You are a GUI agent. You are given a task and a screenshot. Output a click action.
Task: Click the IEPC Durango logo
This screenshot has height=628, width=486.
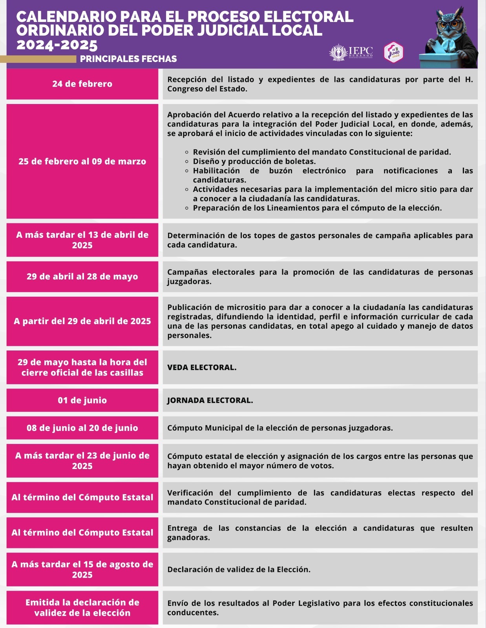pyautogui.click(x=351, y=53)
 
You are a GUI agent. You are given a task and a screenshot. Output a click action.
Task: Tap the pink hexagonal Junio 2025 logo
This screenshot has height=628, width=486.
pyautogui.click(x=393, y=52)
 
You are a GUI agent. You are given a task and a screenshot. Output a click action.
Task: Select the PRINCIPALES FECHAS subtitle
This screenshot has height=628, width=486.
pyautogui.click(x=128, y=59)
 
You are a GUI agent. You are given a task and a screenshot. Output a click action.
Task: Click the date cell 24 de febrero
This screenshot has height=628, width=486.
pyautogui.click(x=82, y=84)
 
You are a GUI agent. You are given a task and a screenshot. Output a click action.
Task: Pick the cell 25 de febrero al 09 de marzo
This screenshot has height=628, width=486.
pyautogui.click(x=82, y=161)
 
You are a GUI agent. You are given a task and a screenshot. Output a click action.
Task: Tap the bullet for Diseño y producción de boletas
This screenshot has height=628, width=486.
pyautogui.click(x=187, y=161)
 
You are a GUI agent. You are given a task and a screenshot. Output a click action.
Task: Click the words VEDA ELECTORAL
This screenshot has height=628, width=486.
pyautogui.click(x=202, y=367)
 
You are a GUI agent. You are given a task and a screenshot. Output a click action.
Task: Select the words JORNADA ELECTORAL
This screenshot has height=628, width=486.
pyautogui.click(x=210, y=400)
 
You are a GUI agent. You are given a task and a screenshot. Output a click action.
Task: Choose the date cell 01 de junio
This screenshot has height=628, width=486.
pyautogui.click(x=82, y=400)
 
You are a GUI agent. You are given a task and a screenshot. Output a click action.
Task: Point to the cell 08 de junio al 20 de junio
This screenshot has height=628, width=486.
pyautogui.click(x=82, y=428)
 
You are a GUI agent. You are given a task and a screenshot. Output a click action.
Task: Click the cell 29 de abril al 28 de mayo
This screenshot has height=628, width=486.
pyautogui.click(x=82, y=276)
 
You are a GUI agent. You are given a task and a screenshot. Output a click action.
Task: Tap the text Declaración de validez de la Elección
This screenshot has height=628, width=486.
pyautogui.click(x=239, y=570)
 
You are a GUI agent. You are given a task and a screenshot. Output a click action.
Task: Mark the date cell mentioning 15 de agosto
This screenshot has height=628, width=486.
pyautogui.click(x=82, y=570)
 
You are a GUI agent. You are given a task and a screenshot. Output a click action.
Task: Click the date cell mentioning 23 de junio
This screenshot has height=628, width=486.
pyautogui.click(x=82, y=461)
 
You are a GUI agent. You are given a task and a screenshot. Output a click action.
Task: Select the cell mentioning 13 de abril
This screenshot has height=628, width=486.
pyautogui.click(x=82, y=240)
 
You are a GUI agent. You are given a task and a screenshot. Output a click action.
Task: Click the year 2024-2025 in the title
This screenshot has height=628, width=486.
pyautogui.click(x=57, y=45)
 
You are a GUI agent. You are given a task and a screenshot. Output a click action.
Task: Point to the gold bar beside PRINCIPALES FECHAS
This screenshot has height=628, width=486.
pyautogui.click(x=38, y=59)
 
